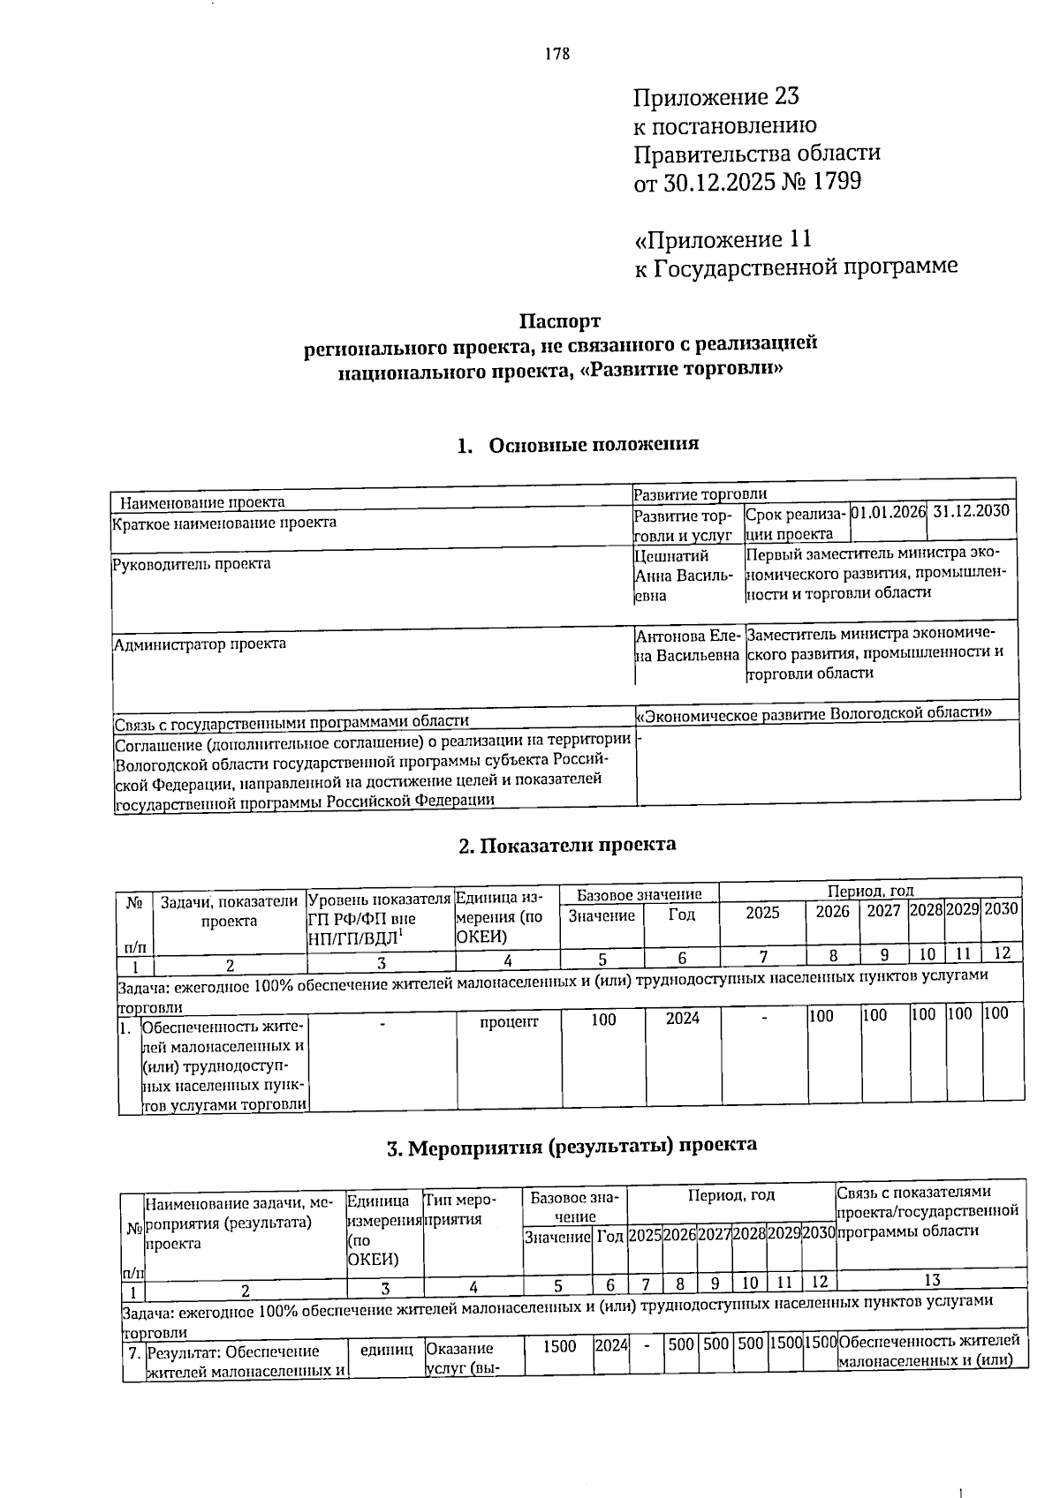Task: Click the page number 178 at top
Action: pos(557,55)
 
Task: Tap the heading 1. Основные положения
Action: pos(579,444)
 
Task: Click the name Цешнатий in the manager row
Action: pos(671,555)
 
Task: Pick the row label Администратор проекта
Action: pos(200,644)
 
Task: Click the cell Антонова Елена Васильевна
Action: pos(687,645)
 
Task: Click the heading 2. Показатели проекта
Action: pos(567,845)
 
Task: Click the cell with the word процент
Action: pos(508,1021)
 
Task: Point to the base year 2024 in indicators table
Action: pos(682,1019)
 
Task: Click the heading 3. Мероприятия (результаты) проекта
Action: pos(572,1146)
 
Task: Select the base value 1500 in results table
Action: pos(558,1346)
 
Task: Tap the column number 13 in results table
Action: pos(931,1279)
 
